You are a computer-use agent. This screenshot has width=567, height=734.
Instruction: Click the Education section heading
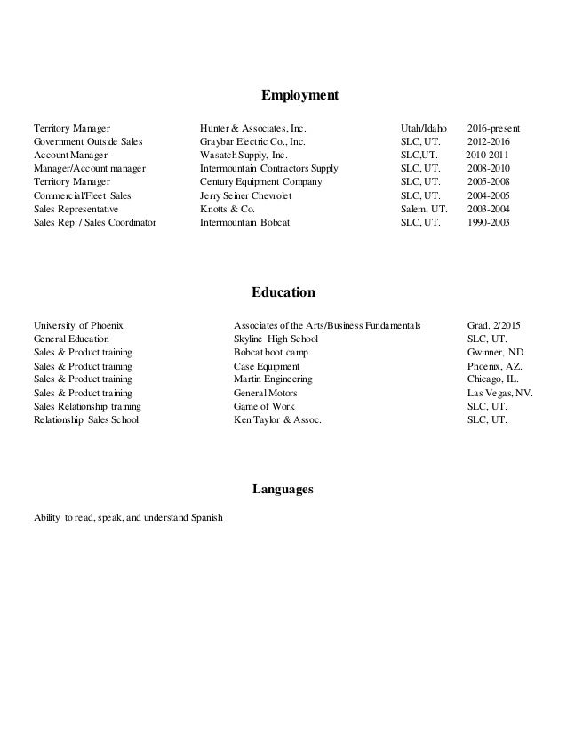tap(283, 291)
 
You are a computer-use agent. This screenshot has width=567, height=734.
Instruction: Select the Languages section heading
tap(283, 489)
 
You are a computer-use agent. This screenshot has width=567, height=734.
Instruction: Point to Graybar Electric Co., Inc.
tap(252, 140)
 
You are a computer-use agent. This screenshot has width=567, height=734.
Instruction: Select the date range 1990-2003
tap(489, 223)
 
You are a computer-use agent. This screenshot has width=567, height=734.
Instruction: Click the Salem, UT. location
tap(425, 209)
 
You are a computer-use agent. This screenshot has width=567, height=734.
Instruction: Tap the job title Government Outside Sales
tap(88, 140)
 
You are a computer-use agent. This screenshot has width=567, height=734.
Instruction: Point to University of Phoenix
tap(78, 325)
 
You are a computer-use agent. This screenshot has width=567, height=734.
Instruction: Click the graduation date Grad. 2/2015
tap(496, 325)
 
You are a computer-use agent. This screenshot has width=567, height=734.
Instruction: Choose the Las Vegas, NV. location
tap(500, 393)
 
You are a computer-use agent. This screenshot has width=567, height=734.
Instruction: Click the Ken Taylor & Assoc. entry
tap(277, 420)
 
